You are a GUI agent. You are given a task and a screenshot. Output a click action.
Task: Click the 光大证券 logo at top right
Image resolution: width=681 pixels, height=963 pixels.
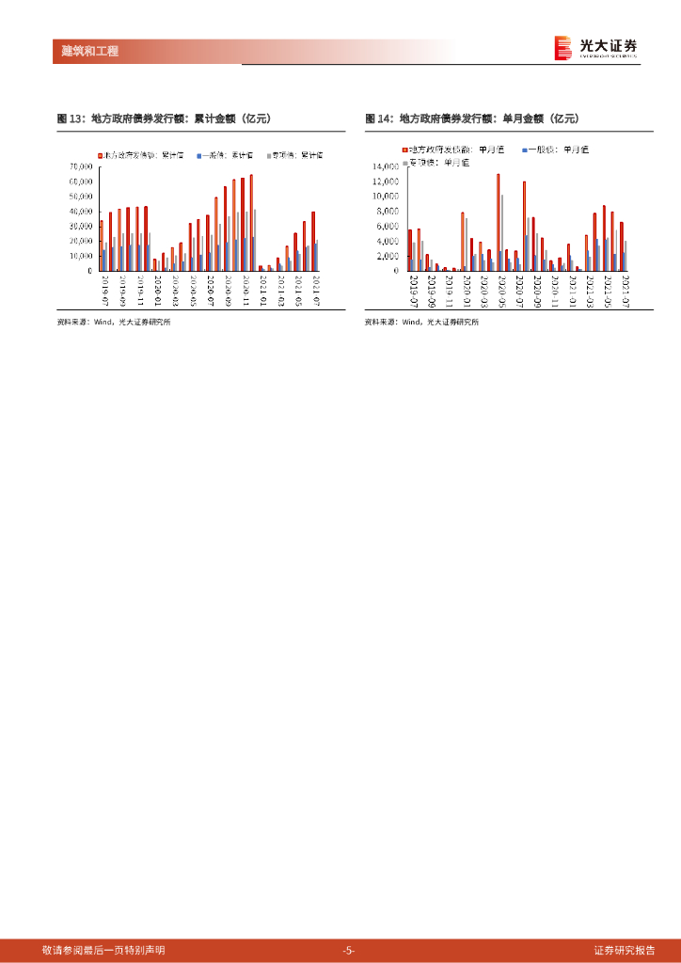[595, 47]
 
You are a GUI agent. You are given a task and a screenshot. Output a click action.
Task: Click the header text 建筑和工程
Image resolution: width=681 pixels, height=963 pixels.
[83, 51]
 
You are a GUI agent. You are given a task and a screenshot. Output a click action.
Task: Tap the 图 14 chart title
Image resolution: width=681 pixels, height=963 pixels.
[472, 118]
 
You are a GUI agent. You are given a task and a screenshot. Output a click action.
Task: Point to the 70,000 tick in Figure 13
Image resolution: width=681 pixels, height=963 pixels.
[80, 167]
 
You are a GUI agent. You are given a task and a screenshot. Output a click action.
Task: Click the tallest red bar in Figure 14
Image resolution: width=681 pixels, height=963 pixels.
[499, 222]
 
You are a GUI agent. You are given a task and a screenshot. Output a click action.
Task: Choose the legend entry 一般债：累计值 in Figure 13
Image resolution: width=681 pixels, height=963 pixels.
[226, 153]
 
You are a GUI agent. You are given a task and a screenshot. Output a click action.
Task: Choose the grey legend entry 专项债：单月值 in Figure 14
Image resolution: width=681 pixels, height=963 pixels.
[436, 163]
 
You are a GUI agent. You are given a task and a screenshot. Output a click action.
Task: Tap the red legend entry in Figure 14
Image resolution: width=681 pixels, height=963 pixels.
[443, 150]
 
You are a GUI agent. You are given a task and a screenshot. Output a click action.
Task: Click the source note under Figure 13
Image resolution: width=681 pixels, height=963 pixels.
[114, 322]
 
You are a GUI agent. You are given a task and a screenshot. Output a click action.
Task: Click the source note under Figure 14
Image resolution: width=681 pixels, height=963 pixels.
[421, 322]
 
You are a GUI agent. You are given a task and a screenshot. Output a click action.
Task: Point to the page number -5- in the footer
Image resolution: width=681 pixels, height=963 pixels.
[348, 951]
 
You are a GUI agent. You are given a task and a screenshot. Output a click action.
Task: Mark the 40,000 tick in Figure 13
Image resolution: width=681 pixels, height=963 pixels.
[80, 212]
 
